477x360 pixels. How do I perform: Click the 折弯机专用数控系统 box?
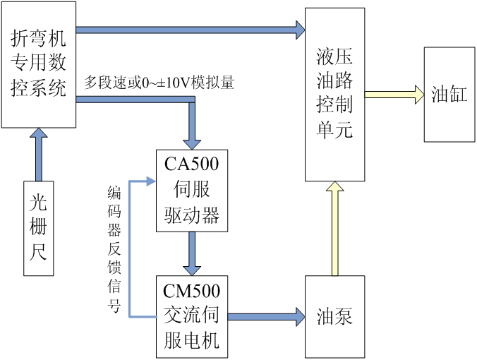tap(39, 64)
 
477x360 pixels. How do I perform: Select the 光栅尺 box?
tap(38, 229)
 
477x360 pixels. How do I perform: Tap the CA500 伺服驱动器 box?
tap(192, 190)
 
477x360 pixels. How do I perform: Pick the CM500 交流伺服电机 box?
tap(192, 316)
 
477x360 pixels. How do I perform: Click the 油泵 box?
tap(334, 316)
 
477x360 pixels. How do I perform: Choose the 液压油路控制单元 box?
tap(334, 94)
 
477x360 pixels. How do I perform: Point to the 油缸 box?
tap(449, 95)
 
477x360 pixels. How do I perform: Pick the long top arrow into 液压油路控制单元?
tap(191, 30)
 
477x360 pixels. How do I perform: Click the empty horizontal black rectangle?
tap(159, 83)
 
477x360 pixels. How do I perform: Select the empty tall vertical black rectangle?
tap(114, 250)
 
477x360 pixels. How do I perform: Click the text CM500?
tap(192, 290)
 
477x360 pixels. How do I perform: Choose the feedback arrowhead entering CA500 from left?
tap(150, 182)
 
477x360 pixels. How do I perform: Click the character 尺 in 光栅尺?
tap(38, 252)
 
